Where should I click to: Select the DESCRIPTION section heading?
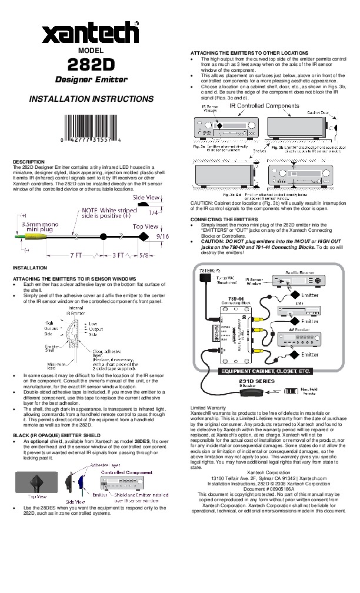coord(29,161)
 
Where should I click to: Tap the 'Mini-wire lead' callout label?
coord(56,367)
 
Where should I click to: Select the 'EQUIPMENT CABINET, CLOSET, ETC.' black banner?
coord(265,371)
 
